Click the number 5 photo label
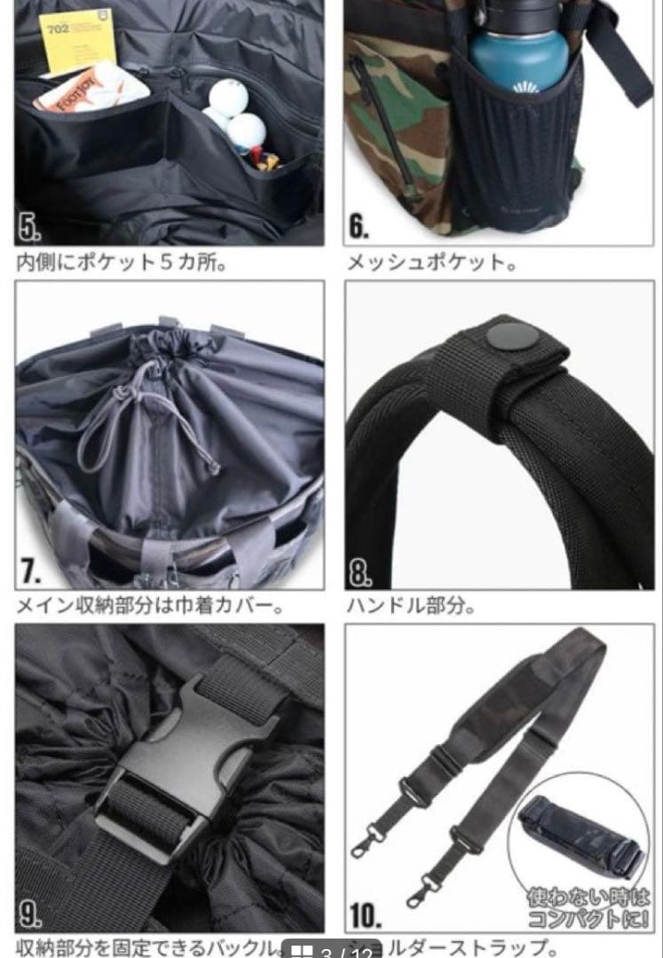[30, 228]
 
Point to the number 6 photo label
[359, 227]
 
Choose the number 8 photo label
[360, 572]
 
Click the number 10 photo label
[366, 914]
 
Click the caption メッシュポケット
[431, 263]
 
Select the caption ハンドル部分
[410, 608]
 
